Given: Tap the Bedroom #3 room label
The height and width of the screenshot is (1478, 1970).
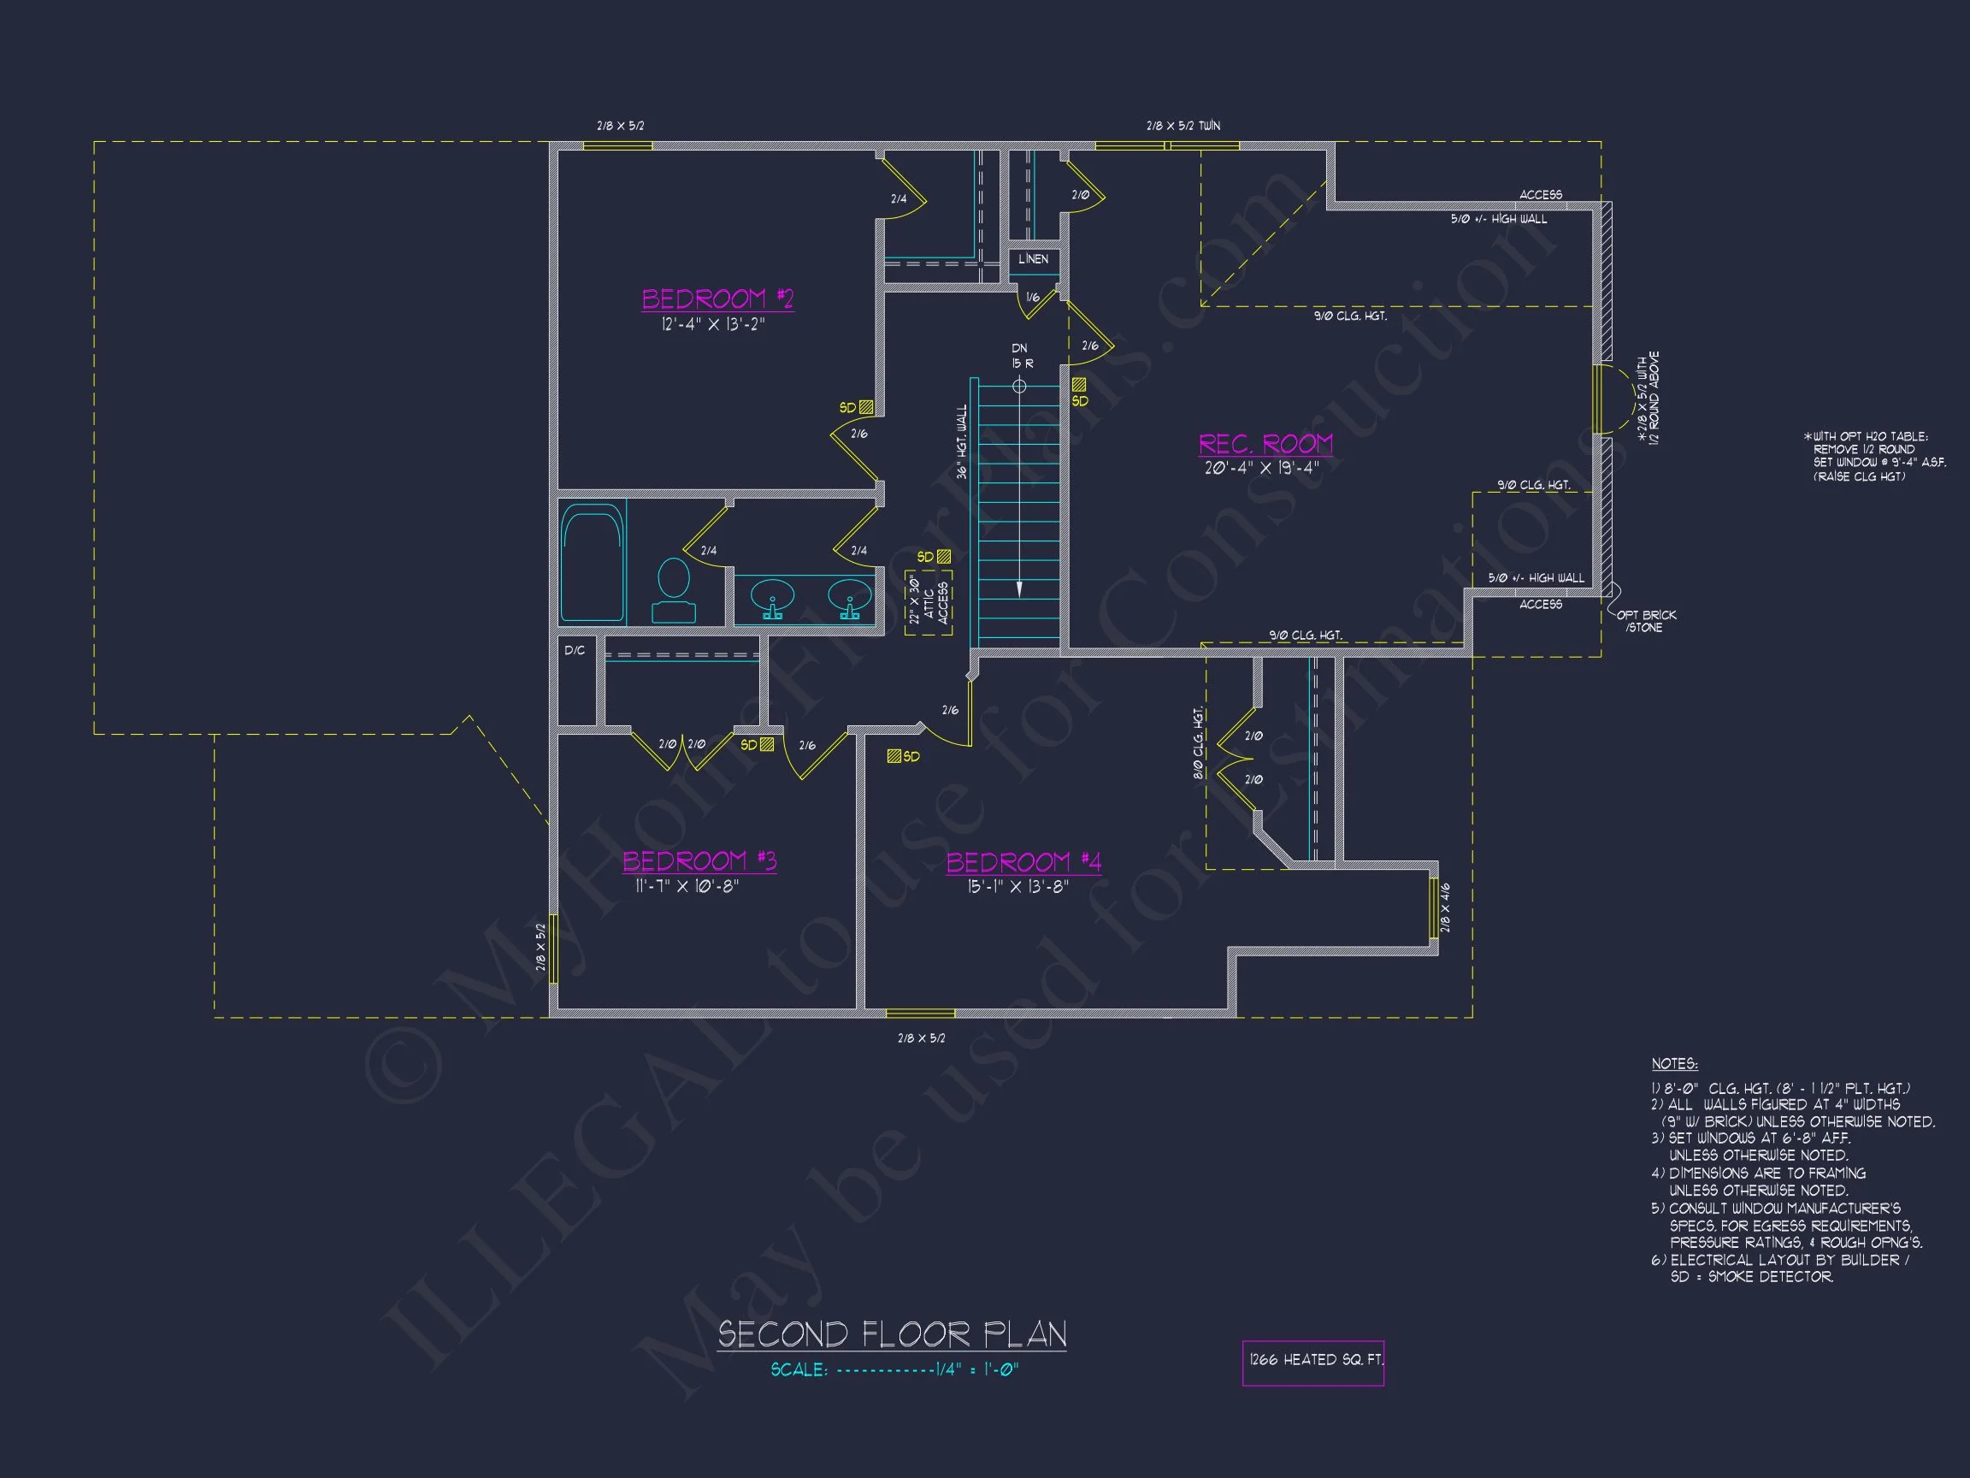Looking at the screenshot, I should (699, 860).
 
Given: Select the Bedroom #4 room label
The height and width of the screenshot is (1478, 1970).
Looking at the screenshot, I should (1023, 861).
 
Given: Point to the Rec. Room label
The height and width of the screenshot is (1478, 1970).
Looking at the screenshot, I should (1265, 444).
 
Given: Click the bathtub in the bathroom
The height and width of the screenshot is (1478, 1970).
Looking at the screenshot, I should (593, 561).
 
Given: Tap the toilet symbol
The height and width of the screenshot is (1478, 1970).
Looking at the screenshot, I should (673, 588).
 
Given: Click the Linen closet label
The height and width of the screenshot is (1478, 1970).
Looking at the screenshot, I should (1033, 259).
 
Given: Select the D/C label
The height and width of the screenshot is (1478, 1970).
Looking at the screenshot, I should (575, 650).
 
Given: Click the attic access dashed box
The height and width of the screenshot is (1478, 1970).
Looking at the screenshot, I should (928, 603).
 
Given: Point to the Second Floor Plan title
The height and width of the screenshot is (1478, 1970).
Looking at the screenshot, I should (892, 1334).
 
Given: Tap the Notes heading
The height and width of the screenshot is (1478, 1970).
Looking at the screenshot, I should (1674, 1064).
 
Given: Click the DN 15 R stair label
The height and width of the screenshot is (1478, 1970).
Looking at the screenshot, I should (1021, 357).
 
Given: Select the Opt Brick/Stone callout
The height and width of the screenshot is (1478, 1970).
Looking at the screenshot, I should (1646, 621).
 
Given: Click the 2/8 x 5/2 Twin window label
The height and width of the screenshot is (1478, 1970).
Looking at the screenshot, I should (1183, 126).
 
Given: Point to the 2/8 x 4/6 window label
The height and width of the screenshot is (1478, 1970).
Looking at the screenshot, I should (1444, 907).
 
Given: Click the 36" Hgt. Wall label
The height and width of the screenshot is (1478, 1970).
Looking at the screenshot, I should (962, 442).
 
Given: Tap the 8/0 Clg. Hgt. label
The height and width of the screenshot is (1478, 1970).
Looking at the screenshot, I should (1198, 744).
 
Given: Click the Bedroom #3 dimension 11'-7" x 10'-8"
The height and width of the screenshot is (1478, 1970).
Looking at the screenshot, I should (687, 886).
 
